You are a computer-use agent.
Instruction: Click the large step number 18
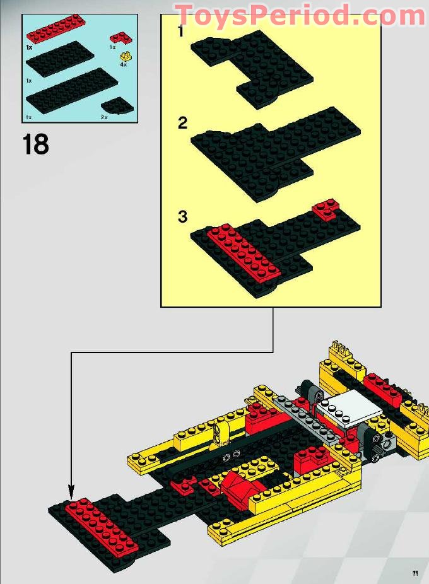click(36, 144)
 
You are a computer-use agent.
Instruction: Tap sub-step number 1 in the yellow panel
click(181, 31)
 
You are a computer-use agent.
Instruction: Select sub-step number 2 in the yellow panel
click(182, 122)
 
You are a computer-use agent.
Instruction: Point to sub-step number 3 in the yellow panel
click(182, 217)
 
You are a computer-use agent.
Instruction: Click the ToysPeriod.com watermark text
click(300, 15)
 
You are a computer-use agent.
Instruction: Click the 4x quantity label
click(124, 64)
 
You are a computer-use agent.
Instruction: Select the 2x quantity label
click(104, 117)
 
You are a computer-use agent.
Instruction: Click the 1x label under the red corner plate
click(112, 47)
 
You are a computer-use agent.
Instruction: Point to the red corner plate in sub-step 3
click(326, 209)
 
